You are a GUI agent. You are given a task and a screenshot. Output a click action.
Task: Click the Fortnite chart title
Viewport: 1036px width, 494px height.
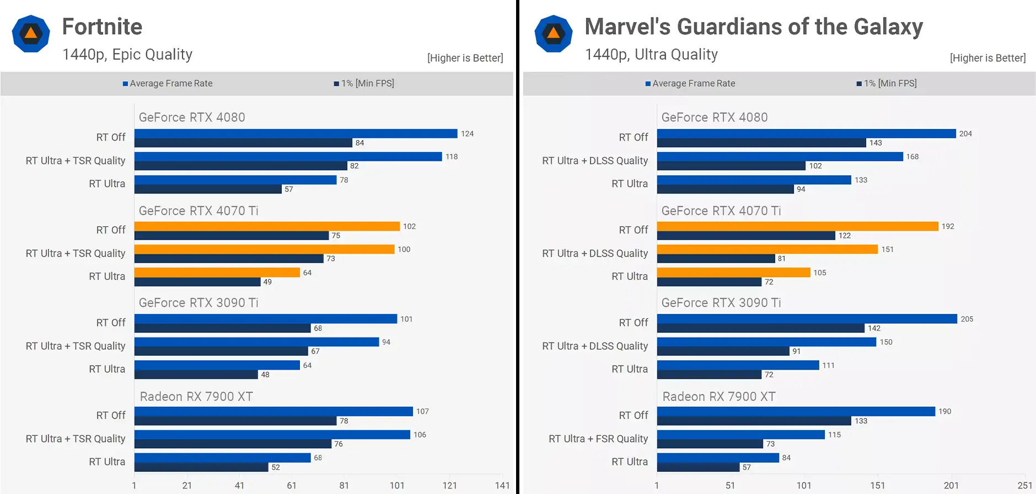pyautogui.click(x=102, y=27)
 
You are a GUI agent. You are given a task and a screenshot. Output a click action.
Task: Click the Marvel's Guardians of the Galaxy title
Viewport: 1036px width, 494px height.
pyautogui.click(x=753, y=27)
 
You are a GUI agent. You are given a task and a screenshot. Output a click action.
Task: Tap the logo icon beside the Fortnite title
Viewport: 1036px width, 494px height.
pyautogui.click(x=31, y=34)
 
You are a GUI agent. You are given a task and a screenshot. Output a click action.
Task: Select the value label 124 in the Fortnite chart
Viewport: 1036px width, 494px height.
pyautogui.click(x=467, y=134)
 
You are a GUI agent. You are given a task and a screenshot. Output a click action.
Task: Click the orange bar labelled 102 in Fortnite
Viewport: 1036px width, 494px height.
pyautogui.click(x=267, y=226)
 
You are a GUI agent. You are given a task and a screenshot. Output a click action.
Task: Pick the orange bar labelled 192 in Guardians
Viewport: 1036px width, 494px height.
pyautogui.click(x=797, y=226)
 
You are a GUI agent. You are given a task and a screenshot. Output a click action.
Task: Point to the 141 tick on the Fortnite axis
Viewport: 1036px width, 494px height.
pyautogui.click(x=502, y=485)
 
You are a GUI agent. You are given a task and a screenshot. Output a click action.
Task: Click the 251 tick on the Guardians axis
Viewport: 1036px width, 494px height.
pyautogui.click(x=1024, y=485)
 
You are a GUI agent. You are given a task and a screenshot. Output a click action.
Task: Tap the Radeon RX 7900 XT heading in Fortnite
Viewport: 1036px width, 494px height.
pyautogui.click(x=196, y=397)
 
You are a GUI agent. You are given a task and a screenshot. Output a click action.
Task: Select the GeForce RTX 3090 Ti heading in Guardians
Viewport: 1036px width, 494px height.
pyautogui.click(x=721, y=303)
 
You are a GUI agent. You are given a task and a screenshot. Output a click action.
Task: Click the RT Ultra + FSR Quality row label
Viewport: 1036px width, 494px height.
pyautogui.click(x=598, y=439)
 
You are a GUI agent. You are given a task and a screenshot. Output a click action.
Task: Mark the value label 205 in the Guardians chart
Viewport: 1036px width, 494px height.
pyautogui.click(x=967, y=319)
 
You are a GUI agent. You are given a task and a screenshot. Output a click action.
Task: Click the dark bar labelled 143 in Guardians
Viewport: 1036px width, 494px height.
pyautogui.click(x=761, y=143)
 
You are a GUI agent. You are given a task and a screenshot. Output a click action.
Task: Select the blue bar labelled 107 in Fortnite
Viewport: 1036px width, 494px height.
pyautogui.click(x=273, y=411)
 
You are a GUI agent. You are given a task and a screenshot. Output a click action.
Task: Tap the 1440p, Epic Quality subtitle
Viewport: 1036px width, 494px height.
pyautogui.click(x=127, y=55)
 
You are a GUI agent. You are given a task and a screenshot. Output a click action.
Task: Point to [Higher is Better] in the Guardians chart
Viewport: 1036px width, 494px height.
pyautogui.click(x=987, y=58)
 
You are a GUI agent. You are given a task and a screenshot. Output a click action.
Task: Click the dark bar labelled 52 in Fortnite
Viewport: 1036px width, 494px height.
pyautogui.click(x=201, y=468)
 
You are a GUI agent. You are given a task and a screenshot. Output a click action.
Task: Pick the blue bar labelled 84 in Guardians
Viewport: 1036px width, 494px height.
pyautogui.click(x=718, y=458)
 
